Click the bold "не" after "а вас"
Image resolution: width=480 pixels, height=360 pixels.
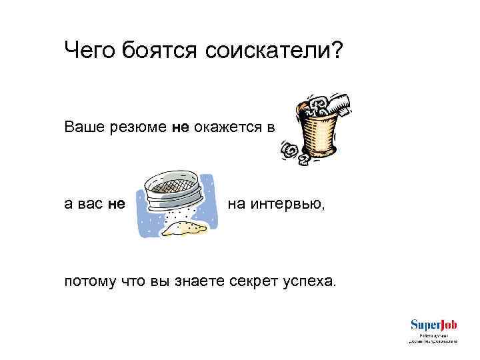coord(116,204)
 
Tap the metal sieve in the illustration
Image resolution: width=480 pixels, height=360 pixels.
coord(172,189)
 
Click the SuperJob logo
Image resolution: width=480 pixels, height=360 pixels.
coord(433,325)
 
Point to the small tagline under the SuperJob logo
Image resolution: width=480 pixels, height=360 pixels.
coord(433,338)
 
